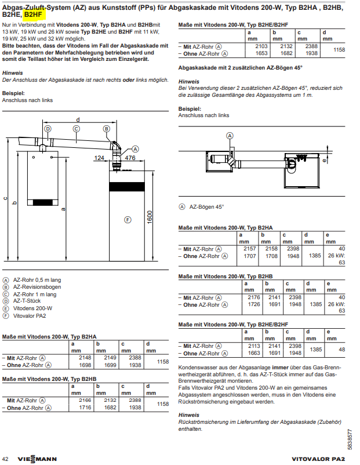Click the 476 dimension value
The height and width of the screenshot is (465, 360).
(x=130, y=158)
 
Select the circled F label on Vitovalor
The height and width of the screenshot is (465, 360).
(x=128, y=219)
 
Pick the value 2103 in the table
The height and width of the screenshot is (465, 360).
(x=262, y=45)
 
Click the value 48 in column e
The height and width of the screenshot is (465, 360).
(x=342, y=350)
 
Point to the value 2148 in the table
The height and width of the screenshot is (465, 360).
(x=85, y=358)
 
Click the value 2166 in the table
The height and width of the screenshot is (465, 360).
(x=85, y=400)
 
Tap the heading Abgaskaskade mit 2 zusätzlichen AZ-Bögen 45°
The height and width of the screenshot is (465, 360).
(x=241, y=68)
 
